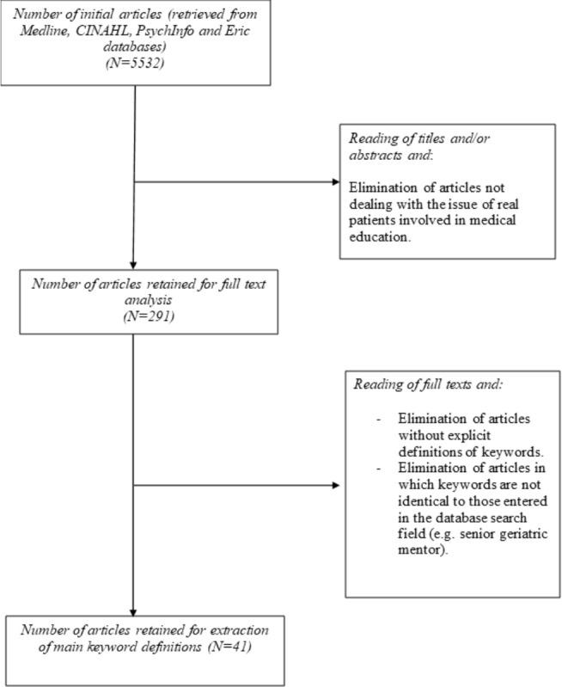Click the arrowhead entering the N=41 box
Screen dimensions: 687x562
(135, 611)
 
